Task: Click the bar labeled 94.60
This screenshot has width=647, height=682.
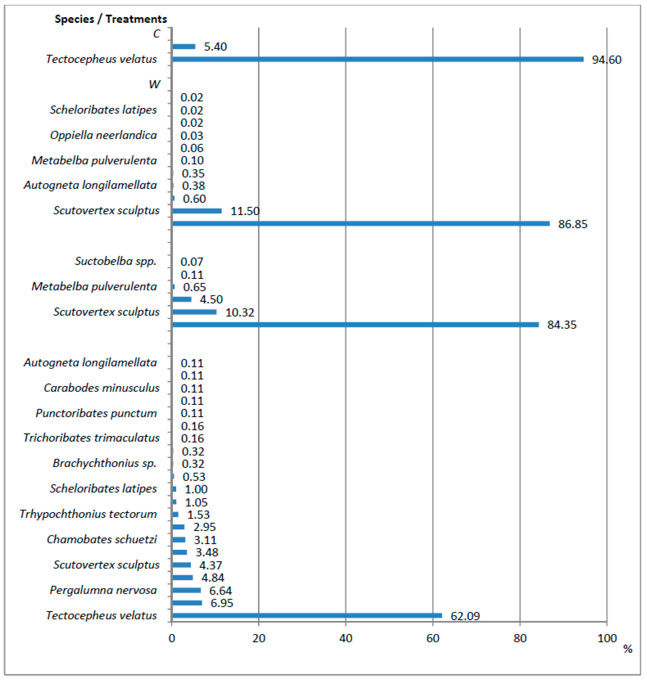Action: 378,59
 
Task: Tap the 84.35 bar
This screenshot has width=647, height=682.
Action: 355,324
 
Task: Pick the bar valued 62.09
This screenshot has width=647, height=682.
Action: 307,615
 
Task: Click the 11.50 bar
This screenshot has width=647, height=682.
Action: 197,211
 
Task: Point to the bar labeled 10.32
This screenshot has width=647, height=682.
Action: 194,312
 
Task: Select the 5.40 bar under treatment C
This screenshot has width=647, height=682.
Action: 183,47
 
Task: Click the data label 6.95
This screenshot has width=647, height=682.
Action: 222,603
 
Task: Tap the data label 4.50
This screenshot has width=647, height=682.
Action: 211,299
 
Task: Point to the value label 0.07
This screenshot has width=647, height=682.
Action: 192,262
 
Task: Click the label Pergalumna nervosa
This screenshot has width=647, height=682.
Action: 103,590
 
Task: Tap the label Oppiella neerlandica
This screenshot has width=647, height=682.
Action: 103,135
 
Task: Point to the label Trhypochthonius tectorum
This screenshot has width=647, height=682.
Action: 88,514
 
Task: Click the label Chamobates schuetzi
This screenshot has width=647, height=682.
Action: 102,539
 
